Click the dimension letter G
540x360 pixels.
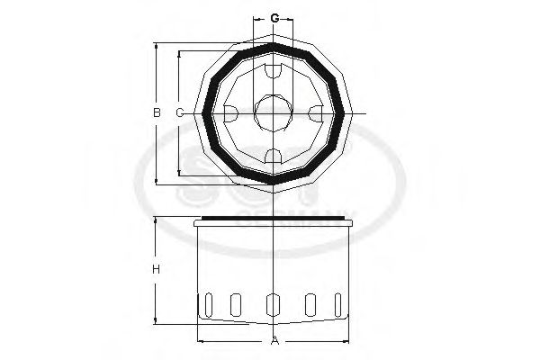(x=273, y=18)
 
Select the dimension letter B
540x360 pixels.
(x=156, y=113)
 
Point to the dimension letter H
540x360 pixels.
(x=156, y=270)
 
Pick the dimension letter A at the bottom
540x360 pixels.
(x=273, y=340)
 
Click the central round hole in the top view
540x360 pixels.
(x=273, y=113)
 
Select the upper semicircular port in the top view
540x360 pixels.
(x=273, y=70)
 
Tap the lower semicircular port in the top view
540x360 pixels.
(x=273, y=157)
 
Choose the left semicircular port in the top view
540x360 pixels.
(x=229, y=113)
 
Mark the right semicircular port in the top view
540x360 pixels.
(x=316, y=113)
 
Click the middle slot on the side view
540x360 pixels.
(x=273, y=306)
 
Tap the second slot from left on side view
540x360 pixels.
(x=236, y=305)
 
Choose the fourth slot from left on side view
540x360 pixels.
(x=310, y=305)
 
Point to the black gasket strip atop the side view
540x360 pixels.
(x=273, y=219)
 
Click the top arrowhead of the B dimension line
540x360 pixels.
(x=156, y=45)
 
